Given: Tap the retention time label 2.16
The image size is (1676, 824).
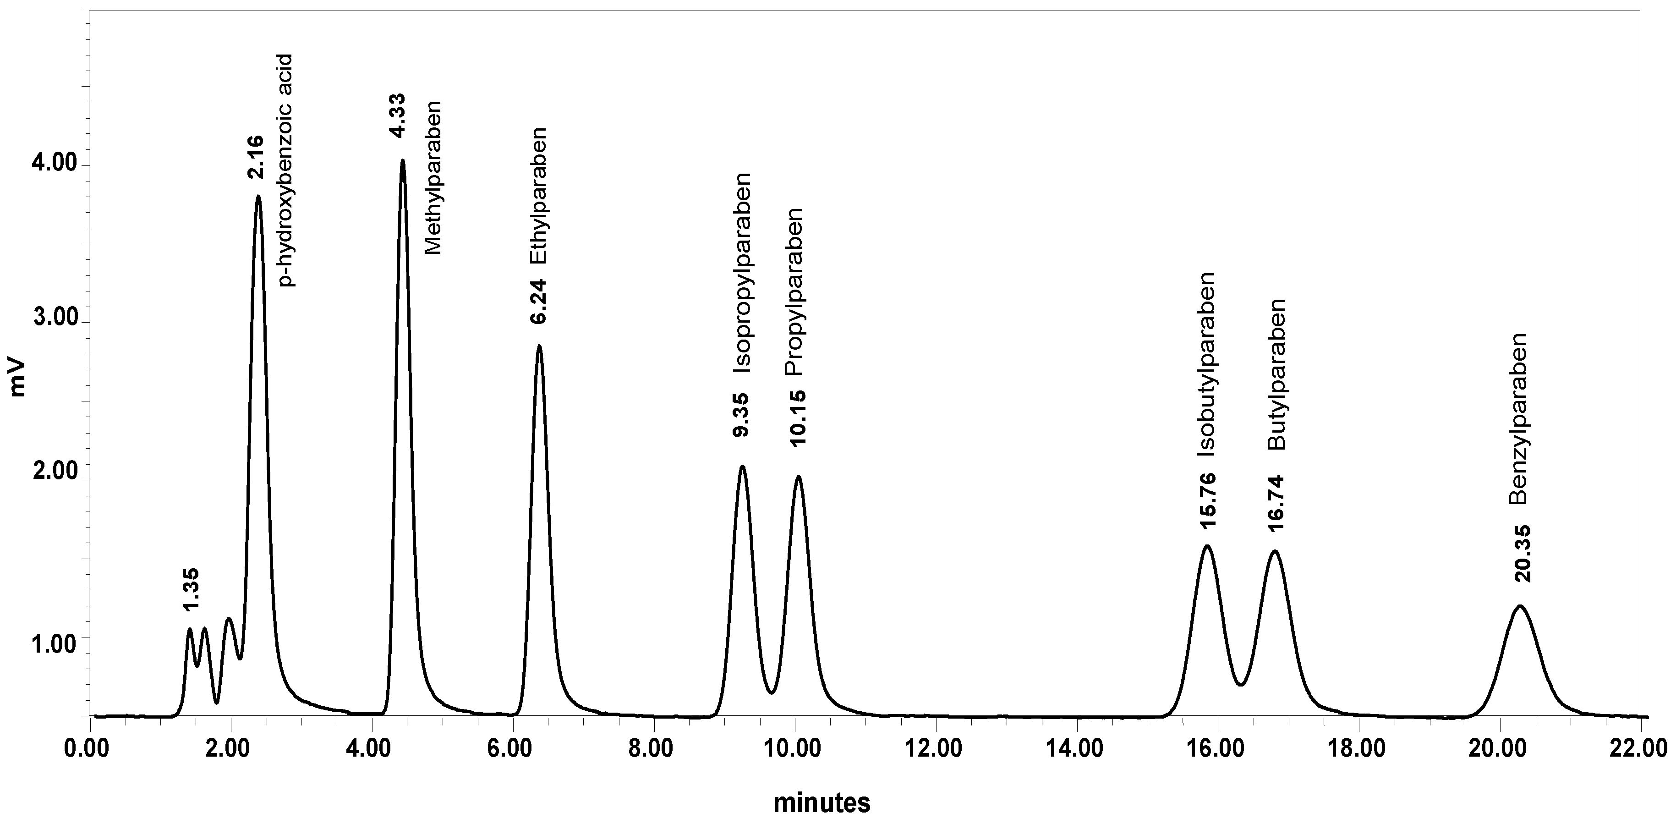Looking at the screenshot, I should [256, 157].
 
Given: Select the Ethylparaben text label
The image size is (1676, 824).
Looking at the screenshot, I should [539, 195].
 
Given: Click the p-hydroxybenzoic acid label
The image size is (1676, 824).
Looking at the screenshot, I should [286, 170].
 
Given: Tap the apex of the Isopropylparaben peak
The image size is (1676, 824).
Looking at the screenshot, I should [742, 466].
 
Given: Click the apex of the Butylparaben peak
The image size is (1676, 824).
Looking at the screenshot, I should [1275, 551].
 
